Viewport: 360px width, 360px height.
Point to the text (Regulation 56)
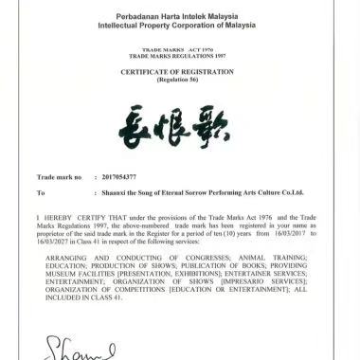[180, 80]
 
